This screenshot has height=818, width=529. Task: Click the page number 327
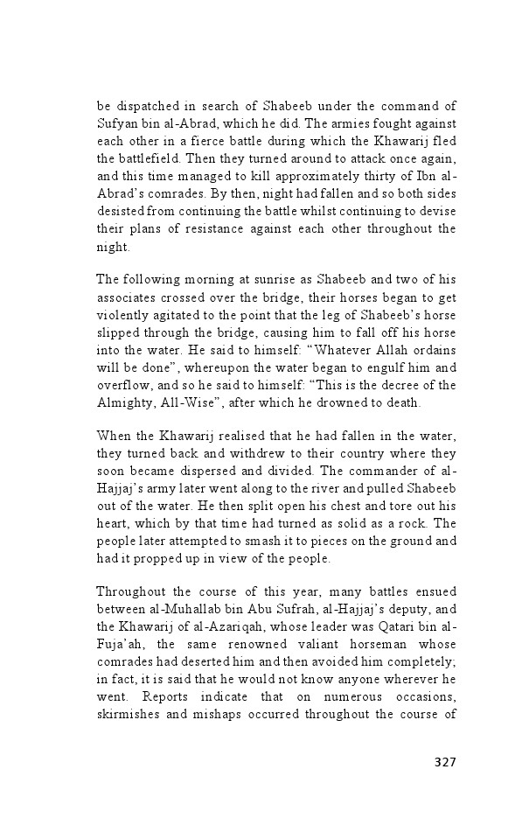pos(445,761)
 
